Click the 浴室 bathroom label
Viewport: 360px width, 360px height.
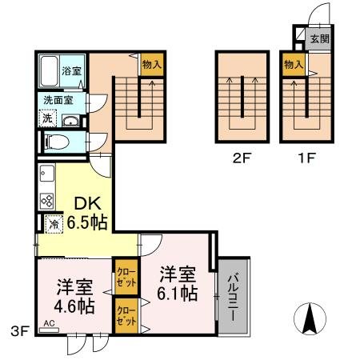pyautogui.click(x=72, y=70)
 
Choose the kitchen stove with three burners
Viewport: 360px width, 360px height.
pyautogui.click(x=46, y=201)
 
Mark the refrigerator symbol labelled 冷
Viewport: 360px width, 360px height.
pyautogui.click(x=52, y=224)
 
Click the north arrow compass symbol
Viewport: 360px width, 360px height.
pyautogui.click(x=309, y=322)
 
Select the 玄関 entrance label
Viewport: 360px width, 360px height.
pyautogui.click(x=319, y=38)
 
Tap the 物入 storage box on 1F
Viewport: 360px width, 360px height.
pyautogui.click(x=292, y=66)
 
